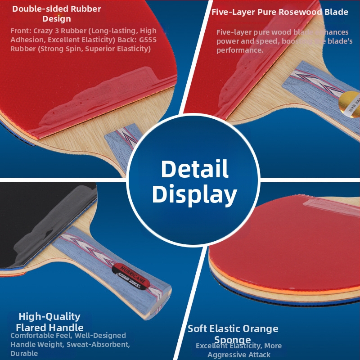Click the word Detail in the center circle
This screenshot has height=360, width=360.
click(194, 169)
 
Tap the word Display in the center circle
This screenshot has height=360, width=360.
click(194, 194)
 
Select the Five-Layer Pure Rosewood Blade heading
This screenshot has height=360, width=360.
click(280, 12)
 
